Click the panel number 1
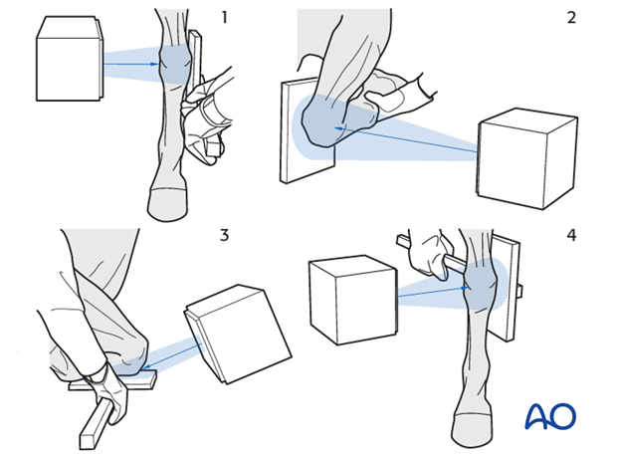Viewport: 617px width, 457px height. tap(225, 17)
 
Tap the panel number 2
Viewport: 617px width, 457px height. tap(571, 17)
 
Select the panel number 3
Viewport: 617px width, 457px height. tap(224, 235)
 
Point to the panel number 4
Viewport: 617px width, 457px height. tap(571, 235)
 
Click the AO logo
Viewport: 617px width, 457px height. tap(550, 416)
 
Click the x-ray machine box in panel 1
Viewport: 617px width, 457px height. tap(70, 59)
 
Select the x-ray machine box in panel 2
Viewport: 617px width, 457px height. tap(526, 158)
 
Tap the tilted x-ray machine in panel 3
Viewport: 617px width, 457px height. tap(238, 334)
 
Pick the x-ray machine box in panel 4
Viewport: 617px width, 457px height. tap(353, 300)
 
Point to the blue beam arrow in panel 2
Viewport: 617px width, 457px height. tap(405, 139)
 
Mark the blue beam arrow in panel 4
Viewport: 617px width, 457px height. tap(433, 292)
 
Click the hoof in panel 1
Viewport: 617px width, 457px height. tap(168, 203)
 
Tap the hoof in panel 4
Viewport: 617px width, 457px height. tap(472, 430)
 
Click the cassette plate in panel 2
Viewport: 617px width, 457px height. tap(308, 130)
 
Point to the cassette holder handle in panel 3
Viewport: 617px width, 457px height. tap(98, 425)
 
